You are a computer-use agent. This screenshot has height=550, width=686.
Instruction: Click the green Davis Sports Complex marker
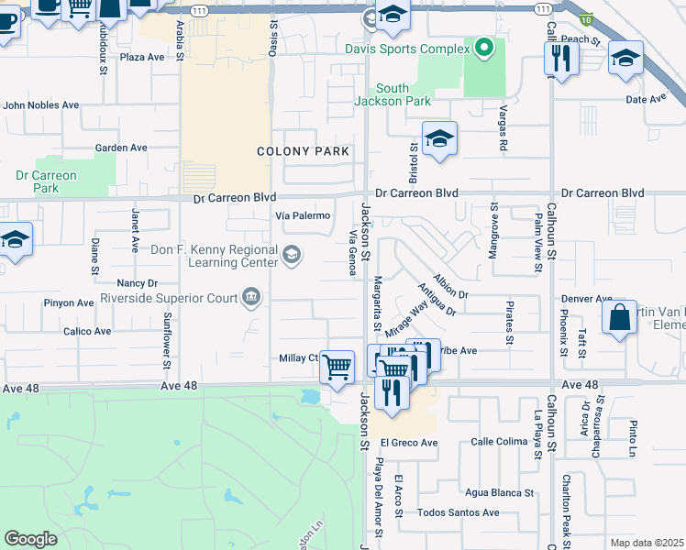click(x=485, y=48)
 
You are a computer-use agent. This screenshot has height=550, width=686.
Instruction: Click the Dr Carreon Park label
click(x=46, y=181)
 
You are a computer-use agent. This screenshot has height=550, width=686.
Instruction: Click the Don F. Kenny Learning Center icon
click(x=292, y=255)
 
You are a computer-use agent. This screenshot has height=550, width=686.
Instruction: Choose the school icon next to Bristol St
click(x=439, y=138)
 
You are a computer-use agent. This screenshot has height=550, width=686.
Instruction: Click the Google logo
click(x=30, y=539)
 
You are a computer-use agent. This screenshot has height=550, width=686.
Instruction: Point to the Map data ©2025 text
click(x=647, y=543)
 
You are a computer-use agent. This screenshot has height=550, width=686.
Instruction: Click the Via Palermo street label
click(x=303, y=215)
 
